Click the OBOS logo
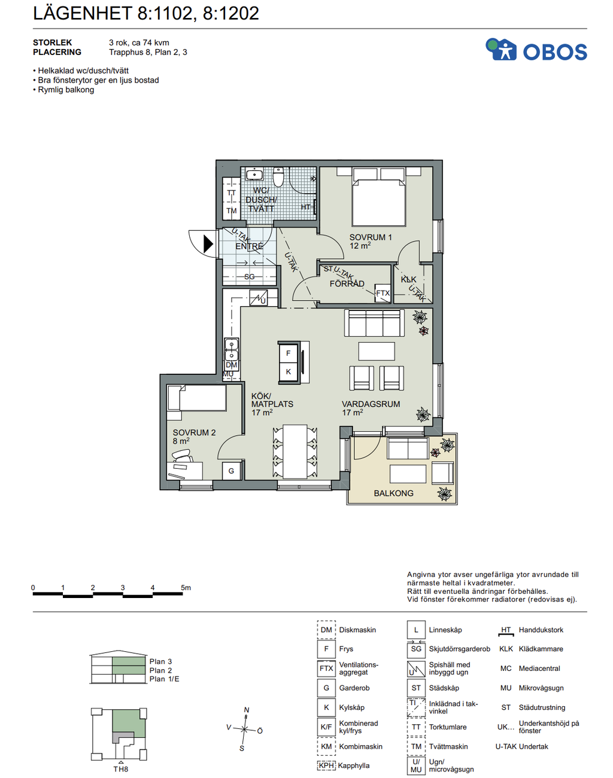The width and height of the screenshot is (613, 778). coord(536,49)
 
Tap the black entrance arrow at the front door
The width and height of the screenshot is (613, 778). coord(208,243)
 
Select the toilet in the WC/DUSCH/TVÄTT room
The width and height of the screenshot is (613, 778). coord(278,176)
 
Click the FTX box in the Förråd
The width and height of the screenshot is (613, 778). coord(383,293)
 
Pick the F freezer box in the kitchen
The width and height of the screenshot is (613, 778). coord(289,353)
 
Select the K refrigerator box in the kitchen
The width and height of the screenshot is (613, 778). coord(289,371)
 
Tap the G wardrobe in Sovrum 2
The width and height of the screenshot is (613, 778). coord(231,471)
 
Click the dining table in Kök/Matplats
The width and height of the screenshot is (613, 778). coord(295,452)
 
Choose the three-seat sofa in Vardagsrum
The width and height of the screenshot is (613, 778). coord(374,323)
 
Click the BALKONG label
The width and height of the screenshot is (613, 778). coord(393,493)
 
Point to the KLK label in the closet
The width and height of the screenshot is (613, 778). coord(408,279)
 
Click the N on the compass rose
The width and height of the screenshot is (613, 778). coord(247,710)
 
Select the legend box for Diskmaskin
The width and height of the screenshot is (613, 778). coord(326,630)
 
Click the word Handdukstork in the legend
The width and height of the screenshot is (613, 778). coord(541,630)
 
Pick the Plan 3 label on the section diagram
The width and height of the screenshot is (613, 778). coord(160,661)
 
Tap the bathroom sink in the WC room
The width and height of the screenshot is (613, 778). coord(254,175)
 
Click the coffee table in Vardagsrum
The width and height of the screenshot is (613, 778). coord(377,351)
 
